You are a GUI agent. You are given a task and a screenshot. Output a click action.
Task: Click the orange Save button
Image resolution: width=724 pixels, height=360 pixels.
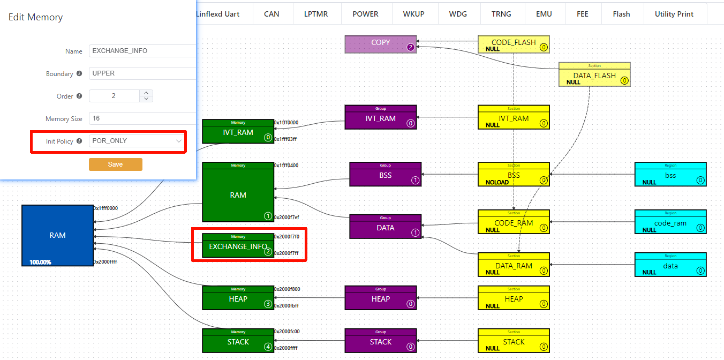115,164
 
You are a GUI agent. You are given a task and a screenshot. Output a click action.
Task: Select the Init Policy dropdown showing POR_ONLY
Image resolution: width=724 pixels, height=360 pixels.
137,141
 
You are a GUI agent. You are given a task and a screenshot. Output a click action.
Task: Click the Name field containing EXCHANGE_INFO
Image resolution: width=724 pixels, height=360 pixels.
142,51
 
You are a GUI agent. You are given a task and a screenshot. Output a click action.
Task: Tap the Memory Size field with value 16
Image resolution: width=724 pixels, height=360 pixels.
142,118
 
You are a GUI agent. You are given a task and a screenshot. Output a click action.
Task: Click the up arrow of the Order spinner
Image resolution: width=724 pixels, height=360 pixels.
146,93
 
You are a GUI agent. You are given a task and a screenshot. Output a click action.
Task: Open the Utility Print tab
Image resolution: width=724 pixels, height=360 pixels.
674,14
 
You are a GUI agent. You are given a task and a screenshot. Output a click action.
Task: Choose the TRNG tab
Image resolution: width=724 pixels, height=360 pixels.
501,14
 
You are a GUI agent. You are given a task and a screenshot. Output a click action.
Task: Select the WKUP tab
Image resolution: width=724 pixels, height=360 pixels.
413,14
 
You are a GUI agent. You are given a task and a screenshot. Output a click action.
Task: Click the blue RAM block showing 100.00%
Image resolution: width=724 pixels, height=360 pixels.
57,235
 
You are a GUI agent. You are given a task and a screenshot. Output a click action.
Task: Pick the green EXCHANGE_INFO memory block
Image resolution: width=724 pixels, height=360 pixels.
238,246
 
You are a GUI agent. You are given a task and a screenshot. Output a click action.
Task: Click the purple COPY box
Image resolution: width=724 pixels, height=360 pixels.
380,44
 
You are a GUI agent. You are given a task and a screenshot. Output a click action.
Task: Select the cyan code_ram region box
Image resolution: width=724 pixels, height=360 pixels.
670,222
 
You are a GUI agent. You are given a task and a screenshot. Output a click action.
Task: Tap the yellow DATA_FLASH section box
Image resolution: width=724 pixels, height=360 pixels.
594,75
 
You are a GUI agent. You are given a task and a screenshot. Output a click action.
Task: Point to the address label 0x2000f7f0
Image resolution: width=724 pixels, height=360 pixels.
287,236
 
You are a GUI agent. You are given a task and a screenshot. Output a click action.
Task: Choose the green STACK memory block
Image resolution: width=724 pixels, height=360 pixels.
238,341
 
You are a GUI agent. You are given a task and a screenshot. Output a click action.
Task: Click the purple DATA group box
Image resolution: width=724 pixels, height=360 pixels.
385,227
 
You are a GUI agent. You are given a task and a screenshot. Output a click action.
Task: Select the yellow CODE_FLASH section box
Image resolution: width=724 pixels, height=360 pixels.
513,44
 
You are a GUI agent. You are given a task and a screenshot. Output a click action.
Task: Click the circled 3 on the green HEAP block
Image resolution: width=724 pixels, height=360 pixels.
268,304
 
